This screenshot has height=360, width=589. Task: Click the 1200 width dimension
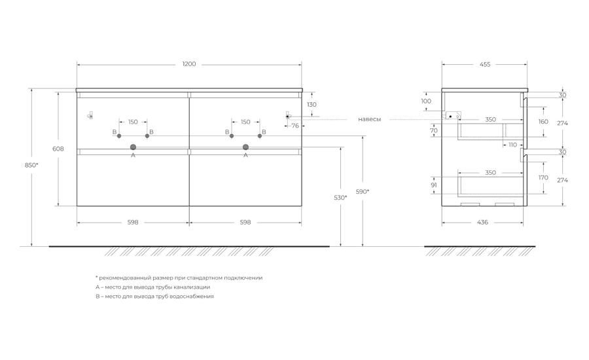point(189,64)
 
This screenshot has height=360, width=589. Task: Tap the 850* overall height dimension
point(31,165)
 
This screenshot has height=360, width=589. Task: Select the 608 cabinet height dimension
point(58,149)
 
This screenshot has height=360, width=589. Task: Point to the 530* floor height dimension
point(340,197)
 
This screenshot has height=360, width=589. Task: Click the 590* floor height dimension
point(363,192)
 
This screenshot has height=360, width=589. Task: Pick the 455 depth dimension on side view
point(485,64)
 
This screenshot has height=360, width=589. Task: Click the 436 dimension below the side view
point(482,223)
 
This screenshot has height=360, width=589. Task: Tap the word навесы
point(369,120)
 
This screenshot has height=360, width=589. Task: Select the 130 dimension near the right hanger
point(312,105)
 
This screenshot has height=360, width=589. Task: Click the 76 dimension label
point(295,126)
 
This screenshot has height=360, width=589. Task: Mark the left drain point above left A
point(133,147)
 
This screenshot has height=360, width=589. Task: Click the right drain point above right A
point(245,147)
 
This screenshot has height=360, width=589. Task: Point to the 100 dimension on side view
point(426,101)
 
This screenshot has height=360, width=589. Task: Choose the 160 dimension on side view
point(543,121)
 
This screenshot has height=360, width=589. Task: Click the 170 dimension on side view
point(543,177)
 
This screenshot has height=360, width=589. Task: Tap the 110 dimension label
point(512,145)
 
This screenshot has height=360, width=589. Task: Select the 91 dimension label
point(434,185)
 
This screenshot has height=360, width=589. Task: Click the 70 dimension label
point(434,131)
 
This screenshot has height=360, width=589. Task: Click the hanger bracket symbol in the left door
point(90,115)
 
